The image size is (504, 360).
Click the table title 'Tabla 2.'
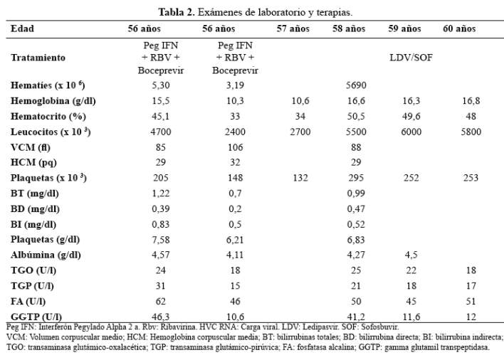pos(177,13)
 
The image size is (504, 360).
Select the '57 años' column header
pos(293,29)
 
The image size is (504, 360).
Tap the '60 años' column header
pos(459,29)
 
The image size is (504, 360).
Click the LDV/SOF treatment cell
pos(411,58)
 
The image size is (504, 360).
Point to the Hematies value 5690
pos(356,85)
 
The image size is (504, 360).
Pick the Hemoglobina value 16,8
pos(471,101)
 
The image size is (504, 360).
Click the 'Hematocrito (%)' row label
pos(48,116)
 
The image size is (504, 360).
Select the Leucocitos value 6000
pos(411,132)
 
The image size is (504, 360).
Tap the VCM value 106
pos(236,147)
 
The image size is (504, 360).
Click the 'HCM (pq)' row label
pos(33,162)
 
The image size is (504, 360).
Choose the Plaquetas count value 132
pos(300,178)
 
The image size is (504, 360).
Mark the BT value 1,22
pos(161,194)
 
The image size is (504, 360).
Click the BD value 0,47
pos(356,209)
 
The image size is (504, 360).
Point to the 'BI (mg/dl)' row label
pos(33,224)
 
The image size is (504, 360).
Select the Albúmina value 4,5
pos(411,255)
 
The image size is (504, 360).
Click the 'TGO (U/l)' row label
pos(33,270)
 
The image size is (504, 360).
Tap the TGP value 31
pos(161,286)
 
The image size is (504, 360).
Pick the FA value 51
pos(471,302)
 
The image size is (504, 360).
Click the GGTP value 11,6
pos(411,317)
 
